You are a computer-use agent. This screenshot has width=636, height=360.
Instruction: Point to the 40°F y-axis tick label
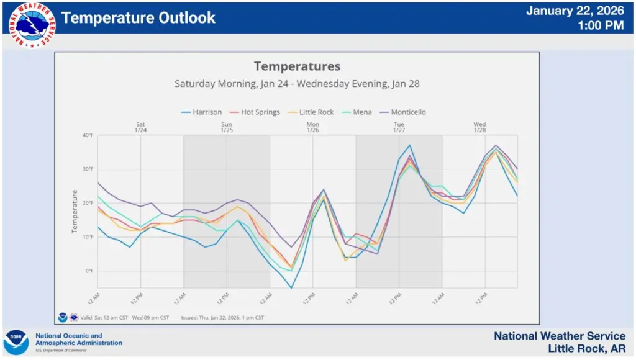tap(87, 135)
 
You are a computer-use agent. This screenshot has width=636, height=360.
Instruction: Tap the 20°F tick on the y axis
tap(87, 203)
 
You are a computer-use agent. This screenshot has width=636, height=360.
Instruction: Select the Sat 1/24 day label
tap(140, 127)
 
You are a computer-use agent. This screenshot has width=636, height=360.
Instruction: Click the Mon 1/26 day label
tap(313, 127)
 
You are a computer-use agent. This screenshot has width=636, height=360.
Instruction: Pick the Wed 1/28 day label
tap(479, 127)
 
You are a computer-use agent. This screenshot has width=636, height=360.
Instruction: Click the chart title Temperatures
tap(297, 66)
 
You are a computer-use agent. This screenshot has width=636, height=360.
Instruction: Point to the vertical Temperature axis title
tap(74, 212)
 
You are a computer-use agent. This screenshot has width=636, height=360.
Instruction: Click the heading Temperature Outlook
tap(139, 18)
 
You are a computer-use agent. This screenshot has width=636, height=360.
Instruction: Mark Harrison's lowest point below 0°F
tap(291, 288)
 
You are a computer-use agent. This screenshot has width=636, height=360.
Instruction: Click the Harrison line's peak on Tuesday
tap(410, 145)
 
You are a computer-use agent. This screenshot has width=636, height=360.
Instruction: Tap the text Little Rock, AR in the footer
tap(586, 349)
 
